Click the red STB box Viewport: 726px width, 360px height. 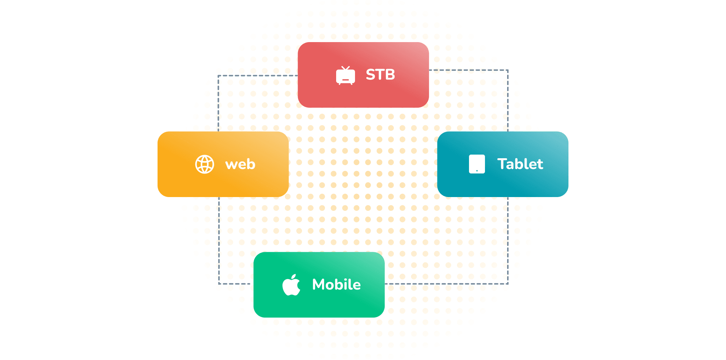click(x=363, y=75)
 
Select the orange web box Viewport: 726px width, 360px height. click(x=223, y=164)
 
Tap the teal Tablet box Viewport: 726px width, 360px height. click(x=503, y=164)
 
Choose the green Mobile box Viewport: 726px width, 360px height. click(x=319, y=285)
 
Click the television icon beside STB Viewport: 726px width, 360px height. click(x=346, y=75)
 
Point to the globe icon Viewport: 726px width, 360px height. click(x=205, y=164)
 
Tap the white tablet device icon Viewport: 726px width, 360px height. click(x=477, y=164)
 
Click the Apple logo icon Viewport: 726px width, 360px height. click(x=291, y=285)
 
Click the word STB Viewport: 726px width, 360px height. click(x=380, y=75)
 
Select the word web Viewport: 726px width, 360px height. click(x=240, y=164)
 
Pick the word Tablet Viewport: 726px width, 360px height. click(x=520, y=164)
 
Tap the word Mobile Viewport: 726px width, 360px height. click(x=337, y=285)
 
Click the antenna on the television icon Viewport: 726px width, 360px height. click(x=346, y=68)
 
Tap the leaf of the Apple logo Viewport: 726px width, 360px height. click(x=294, y=277)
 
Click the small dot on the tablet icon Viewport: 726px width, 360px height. click(x=477, y=171)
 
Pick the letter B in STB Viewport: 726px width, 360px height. click(x=390, y=75)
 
